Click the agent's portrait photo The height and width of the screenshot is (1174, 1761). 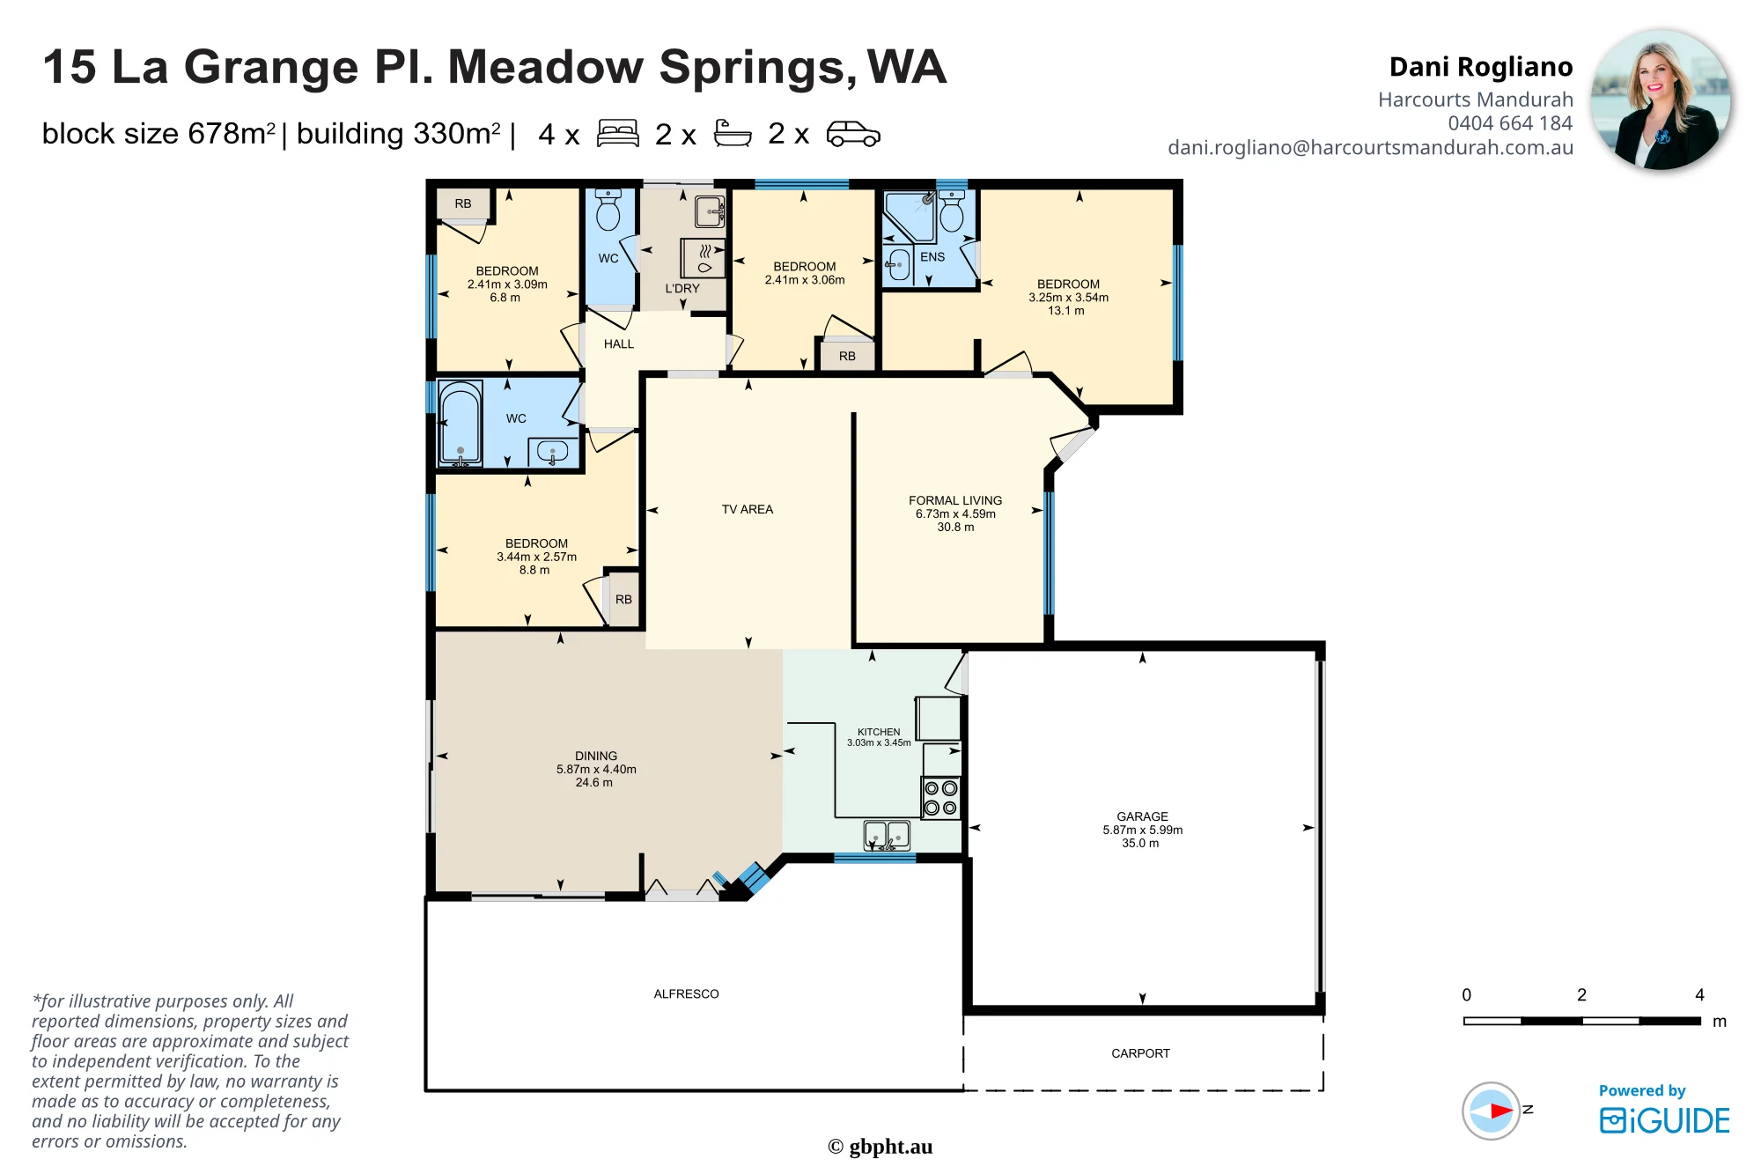pyautogui.click(x=1661, y=99)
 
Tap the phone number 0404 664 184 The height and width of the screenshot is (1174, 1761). pyautogui.click(x=1510, y=123)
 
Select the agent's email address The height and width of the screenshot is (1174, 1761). pyautogui.click(x=1370, y=147)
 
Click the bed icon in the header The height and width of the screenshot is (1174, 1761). pyautogui.click(x=617, y=134)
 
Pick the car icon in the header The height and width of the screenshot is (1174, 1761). pyautogui.click(x=853, y=134)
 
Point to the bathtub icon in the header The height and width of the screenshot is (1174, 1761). pyautogui.click(x=733, y=134)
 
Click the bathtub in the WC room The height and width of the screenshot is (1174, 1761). pyautogui.click(x=460, y=422)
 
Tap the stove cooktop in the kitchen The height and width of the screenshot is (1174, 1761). pyautogui.click(x=940, y=798)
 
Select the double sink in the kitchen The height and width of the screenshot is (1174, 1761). pyautogui.click(x=887, y=835)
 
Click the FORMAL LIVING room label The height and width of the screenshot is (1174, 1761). pyautogui.click(x=955, y=500)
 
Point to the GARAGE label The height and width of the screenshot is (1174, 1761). pyautogui.click(x=1142, y=816)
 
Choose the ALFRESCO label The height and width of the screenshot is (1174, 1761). pyautogui.click(x=686, y=993)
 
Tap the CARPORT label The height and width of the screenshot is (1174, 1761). pyautogui.click(x=1140, y=1053)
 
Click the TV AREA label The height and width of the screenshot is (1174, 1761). pyautogui.click(x=748, y=509)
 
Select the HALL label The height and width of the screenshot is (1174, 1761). pyautogui.click(x=619, y=343)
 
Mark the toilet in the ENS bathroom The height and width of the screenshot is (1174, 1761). pyautogui.click(x=952, y=210)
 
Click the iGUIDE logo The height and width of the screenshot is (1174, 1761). pyautogui.click(x=1664, y=1119)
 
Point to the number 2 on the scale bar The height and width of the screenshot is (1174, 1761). pyautogui.click(x=1581, y=994)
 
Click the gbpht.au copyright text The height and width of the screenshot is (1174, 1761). pyautogui.click(x=880, y=1147)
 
